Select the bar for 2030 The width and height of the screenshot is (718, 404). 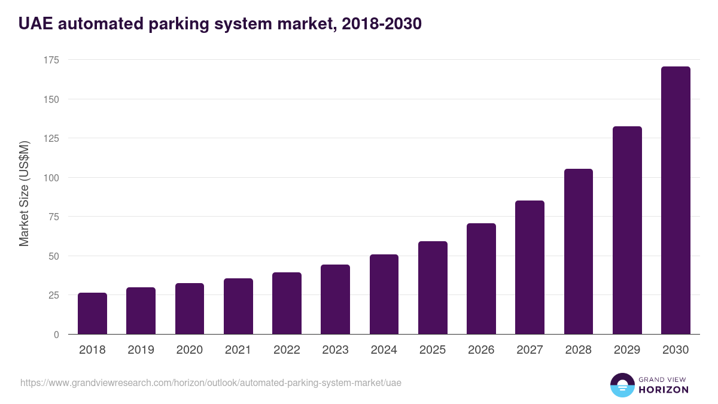676,201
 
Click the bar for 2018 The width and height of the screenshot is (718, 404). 92,314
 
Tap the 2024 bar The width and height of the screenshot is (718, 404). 384,294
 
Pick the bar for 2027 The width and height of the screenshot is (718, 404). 530,268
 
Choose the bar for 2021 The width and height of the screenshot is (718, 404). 238,306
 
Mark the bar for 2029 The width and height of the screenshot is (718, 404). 627,230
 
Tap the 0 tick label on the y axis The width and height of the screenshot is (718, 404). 56,335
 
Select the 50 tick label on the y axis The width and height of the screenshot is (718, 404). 53,256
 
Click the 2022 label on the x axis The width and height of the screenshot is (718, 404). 287,350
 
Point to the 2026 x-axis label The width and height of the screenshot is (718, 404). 481,350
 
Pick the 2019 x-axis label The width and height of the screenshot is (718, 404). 141,350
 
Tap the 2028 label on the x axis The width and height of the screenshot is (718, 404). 579,350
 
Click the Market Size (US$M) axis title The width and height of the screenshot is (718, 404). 24,193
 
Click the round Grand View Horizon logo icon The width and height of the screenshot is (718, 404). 622,385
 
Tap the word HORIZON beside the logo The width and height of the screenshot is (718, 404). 664,390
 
